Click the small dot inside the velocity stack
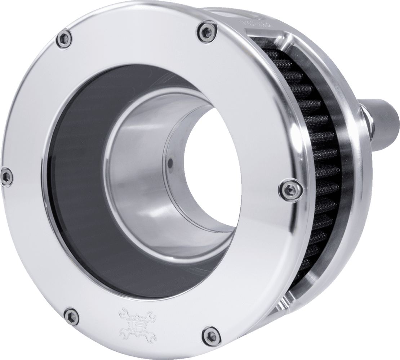pos(169,164)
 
